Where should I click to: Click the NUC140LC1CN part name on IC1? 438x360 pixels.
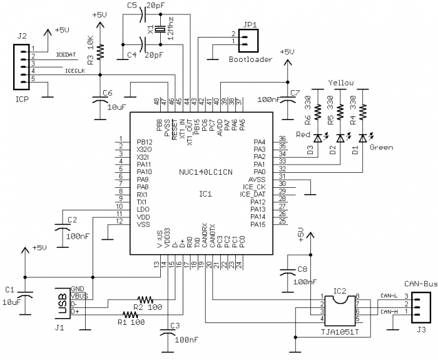(206, 172)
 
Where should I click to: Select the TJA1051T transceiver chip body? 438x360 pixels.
(340, 311)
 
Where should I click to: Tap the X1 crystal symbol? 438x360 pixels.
(160, 29)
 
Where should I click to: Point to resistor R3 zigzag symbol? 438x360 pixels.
(100, 51)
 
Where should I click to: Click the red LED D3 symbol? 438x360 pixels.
(318, 138)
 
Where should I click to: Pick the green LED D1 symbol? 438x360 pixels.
(362, 138)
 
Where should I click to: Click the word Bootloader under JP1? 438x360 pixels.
(250, 59)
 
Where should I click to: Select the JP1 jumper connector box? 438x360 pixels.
(248, 41)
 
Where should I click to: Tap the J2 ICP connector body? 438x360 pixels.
(21, 67)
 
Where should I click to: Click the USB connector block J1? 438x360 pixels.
(63, 303)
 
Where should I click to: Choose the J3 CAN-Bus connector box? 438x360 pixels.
(420, 307)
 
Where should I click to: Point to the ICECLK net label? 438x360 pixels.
(75, 71)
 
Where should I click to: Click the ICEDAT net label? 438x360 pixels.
(66, 55)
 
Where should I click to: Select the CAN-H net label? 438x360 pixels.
(389, 312)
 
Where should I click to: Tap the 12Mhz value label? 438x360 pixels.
(170, 28)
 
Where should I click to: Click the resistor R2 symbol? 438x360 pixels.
(145, 300)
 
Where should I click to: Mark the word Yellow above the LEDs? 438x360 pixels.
(341, 83)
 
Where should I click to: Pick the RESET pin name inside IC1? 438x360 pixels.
(175, 130)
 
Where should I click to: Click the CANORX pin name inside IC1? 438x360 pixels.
(205, 235)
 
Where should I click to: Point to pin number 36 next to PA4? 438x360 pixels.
(282, 138)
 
